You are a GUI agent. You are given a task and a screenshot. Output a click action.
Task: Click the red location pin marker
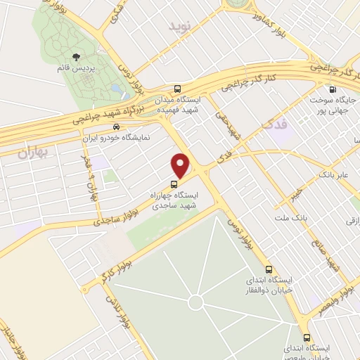click(x=181, y=165)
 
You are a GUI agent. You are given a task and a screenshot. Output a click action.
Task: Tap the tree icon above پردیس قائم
click(x=77, y=58)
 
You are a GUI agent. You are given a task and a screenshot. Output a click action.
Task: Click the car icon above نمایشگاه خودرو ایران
click(x=115, y=127)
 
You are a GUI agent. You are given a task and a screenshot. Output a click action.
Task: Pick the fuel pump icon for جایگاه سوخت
click(x=333, y=89)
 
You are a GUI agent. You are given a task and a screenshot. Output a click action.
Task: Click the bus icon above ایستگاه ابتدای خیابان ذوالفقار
click(x=268, y=269)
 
